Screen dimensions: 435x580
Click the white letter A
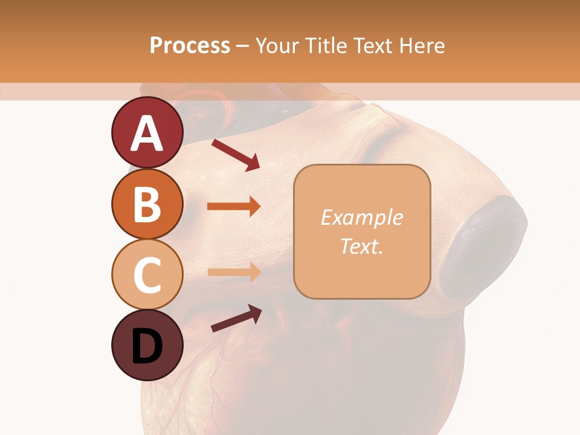147,134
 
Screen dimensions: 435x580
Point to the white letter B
147,205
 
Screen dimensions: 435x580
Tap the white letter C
147,275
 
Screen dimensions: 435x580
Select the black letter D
147,346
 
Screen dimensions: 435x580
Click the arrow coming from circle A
236,155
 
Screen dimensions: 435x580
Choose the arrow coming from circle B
234,206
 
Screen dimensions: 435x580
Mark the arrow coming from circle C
234,272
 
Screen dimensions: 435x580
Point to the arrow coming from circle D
236,318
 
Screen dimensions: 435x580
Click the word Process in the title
190,45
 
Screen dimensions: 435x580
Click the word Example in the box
362,217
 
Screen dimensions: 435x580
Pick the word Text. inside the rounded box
362,246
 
